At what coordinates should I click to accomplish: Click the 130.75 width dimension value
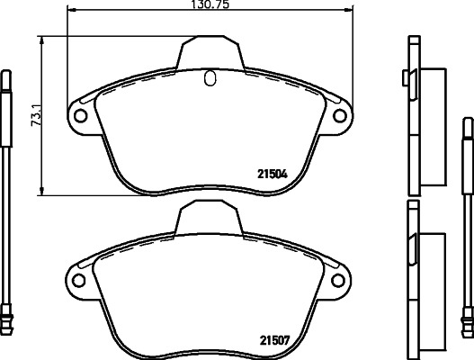(x=207, y=5)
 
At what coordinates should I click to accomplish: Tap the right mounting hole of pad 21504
(x=341, y=116)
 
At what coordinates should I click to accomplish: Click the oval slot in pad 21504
(x=210, y=79)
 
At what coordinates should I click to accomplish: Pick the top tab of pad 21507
(x=210, y=215)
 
